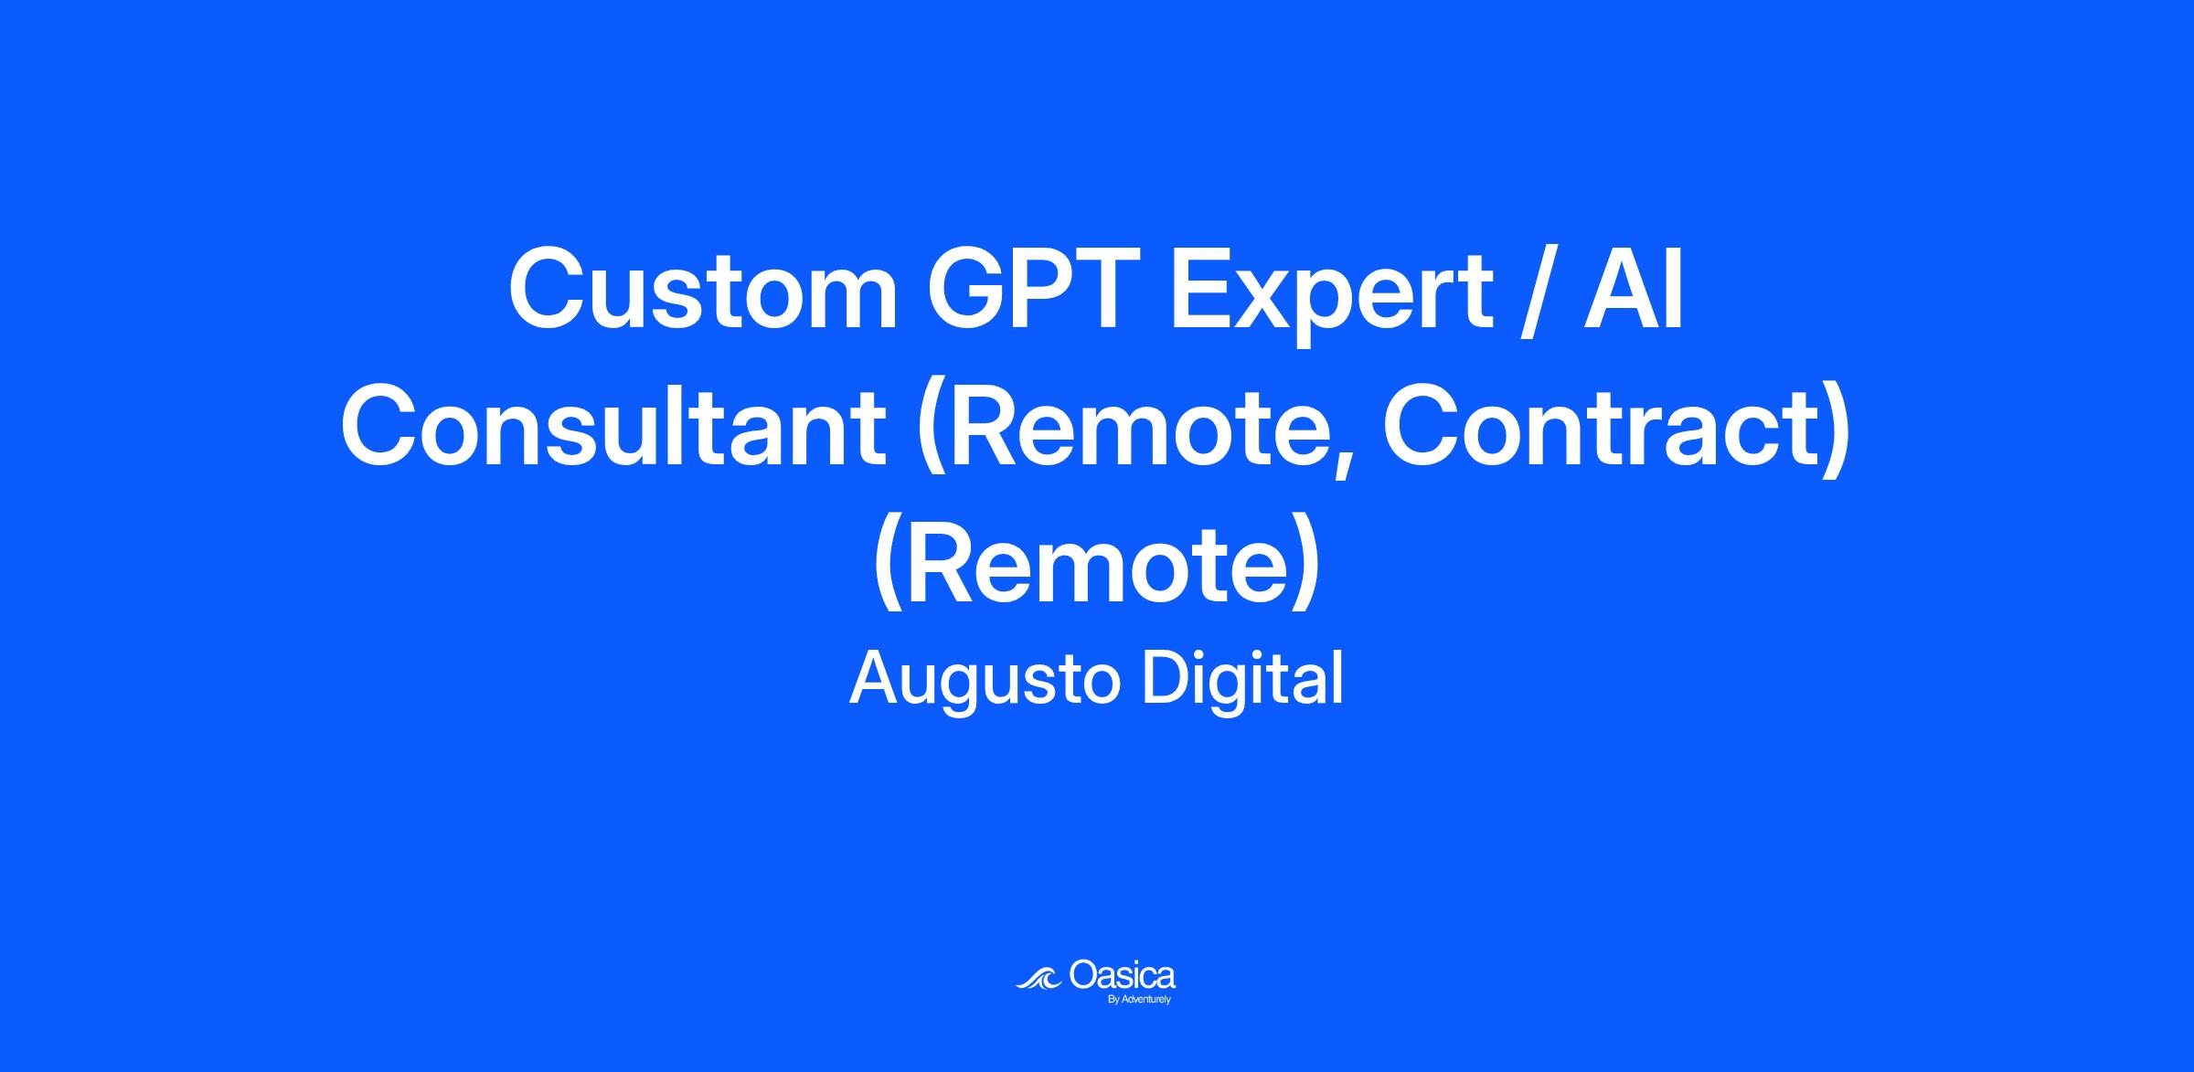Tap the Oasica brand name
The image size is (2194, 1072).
click(1122, 975)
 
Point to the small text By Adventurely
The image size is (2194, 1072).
click(1139, 1000)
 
